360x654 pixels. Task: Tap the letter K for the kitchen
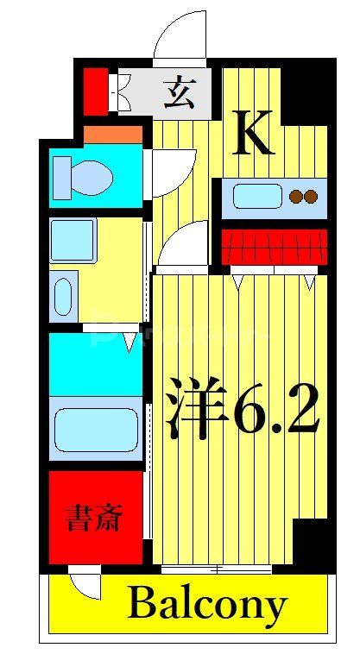(x=255, y=135)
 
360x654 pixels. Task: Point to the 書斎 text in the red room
(x=95, y=519)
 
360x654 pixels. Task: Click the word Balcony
(x=206, y=606)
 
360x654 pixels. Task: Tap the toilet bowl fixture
(x=85, y=179)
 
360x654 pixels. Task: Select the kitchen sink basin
(x=257, y=197)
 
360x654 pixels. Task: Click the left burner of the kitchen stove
(x=296, y=197)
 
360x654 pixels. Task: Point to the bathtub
(x=95, y=430)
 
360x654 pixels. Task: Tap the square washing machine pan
(x=72, y=240)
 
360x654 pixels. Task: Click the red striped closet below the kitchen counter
(x=275, y=247)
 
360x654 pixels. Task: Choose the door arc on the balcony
(x=86, y=585)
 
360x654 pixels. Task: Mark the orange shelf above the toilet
(x=113, y=135)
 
